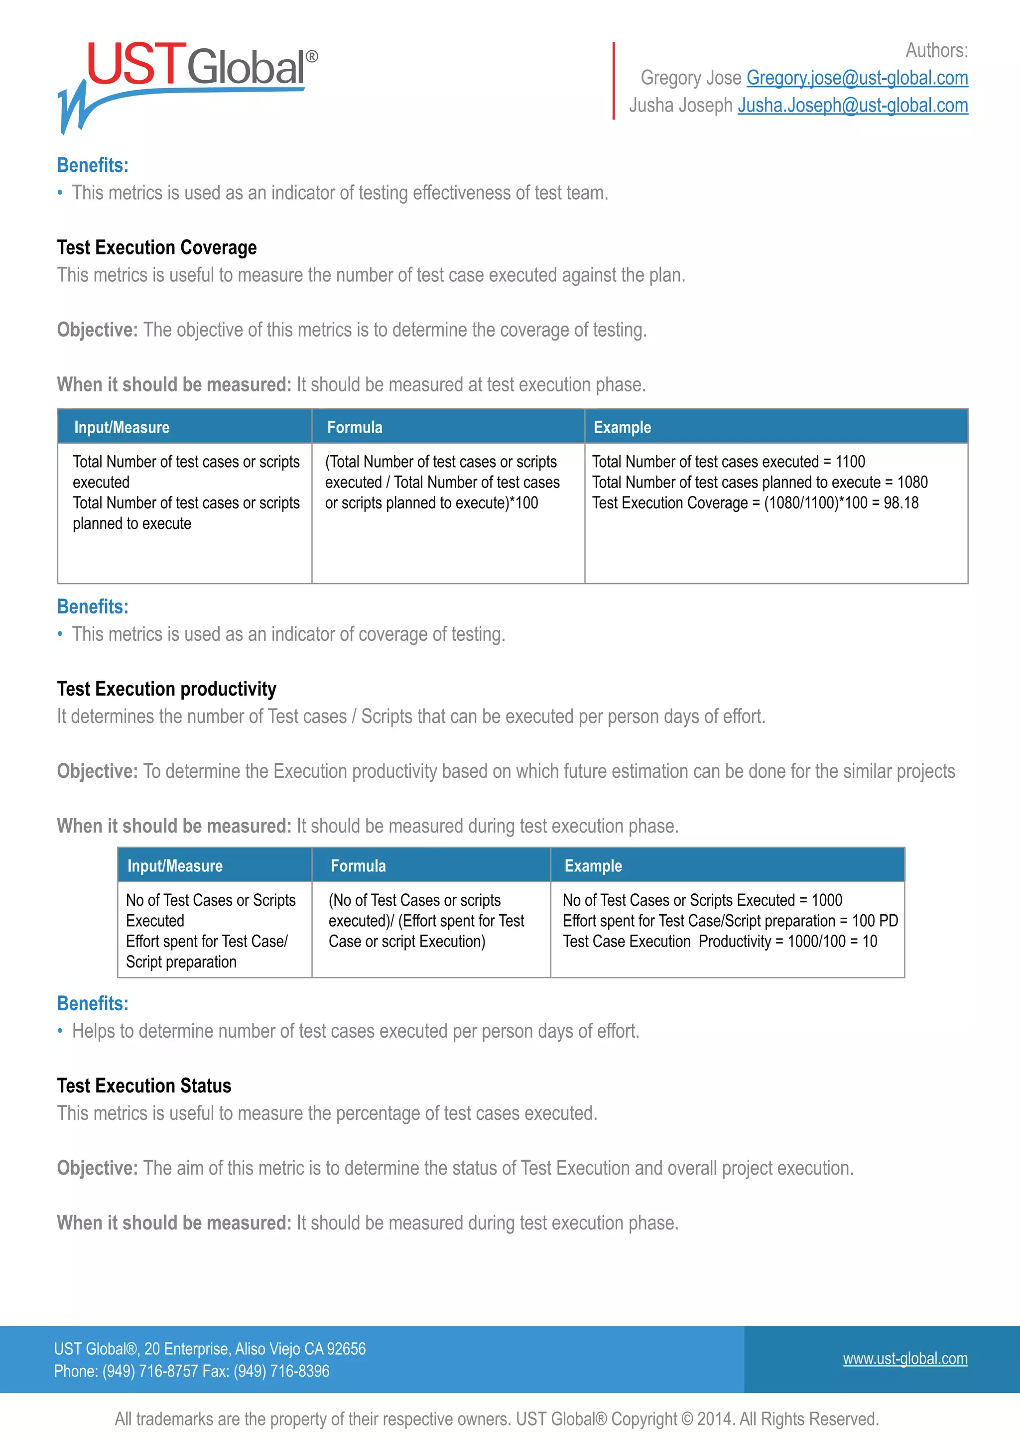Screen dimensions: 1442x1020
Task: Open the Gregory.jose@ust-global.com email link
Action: point(857,78)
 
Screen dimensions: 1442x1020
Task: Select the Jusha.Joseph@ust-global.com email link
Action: point(852,106)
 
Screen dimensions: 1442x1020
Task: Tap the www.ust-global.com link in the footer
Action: point(904,1358)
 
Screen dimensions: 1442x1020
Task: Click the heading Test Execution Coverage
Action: point(156,247)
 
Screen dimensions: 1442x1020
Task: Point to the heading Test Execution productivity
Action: point(166,689)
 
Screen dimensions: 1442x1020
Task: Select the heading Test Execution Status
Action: point(144,1086)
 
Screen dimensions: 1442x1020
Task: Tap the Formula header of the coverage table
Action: point(355,428)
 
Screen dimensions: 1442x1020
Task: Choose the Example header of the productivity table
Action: point(593,866)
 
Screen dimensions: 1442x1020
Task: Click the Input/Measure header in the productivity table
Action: point(175,866)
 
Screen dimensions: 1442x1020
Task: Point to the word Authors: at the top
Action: point(936,50)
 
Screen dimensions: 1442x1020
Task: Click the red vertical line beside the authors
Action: point(614,80)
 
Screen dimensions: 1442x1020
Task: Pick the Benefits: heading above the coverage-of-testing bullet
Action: point(92,606)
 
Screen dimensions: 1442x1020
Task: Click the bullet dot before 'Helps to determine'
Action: point(60,1031)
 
